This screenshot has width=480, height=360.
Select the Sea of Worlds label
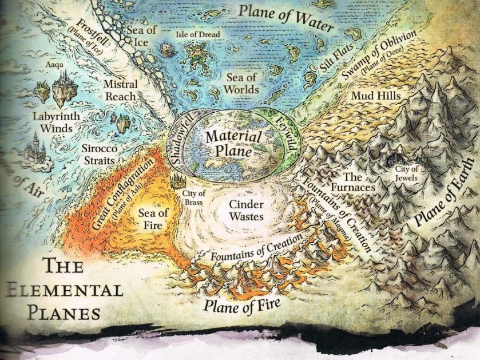click(241, 83)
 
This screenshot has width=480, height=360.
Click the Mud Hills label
click(376, 95)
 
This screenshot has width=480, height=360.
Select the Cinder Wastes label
click(246, 210)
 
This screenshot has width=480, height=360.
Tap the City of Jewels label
click(407, 173)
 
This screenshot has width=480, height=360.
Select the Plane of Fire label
click(242, 301)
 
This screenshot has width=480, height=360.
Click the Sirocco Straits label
click(99, 154)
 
